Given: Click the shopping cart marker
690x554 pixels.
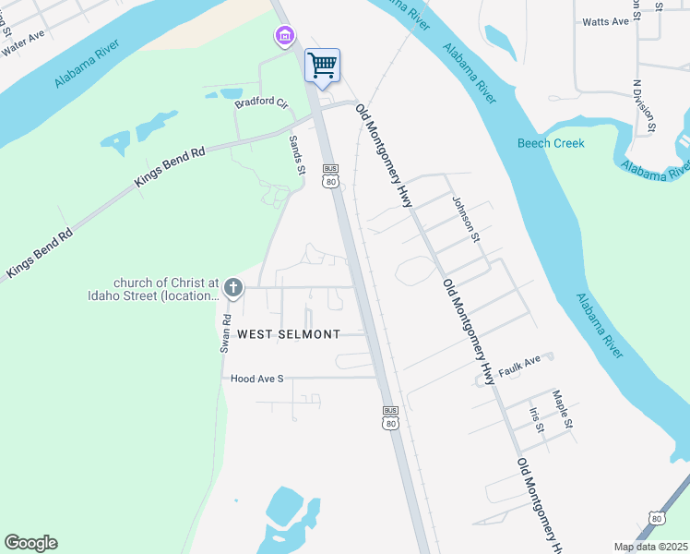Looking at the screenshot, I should pos(322,66).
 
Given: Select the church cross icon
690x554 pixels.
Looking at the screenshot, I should pos(233,288).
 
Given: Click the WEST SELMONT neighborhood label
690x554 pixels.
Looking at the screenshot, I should pos(289,334).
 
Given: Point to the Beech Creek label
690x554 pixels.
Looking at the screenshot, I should pos(551,143).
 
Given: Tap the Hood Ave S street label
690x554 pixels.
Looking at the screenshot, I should pos(257,379).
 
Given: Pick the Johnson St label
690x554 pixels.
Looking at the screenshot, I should pos(467,219).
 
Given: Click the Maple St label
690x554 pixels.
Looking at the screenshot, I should pos(563,410).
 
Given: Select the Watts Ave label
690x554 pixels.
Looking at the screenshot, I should pos(606,21).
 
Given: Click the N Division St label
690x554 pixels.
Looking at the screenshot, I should pos(644,106).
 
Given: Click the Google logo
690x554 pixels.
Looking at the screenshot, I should pos(30,543).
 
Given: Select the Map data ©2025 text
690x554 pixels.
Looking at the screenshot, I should pos(650,547).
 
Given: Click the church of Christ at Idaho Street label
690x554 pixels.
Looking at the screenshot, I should pos(166,289).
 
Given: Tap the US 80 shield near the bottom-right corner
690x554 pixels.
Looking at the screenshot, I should pos(657,517).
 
